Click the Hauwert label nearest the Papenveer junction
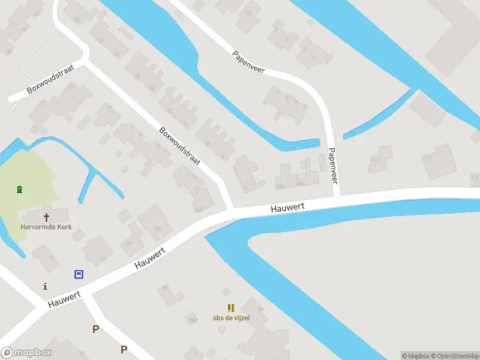pos(287,207)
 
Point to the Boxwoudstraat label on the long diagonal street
pos(179,146)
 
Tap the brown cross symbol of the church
pos(46,217)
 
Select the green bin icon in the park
pos(20,190)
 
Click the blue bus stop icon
pos(79,275)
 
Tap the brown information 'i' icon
pos(44,286)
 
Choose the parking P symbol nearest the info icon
pos(95,329)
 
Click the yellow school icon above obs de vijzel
pos(231,308)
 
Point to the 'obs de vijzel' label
pos(231,317)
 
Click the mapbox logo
pos(26,353)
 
